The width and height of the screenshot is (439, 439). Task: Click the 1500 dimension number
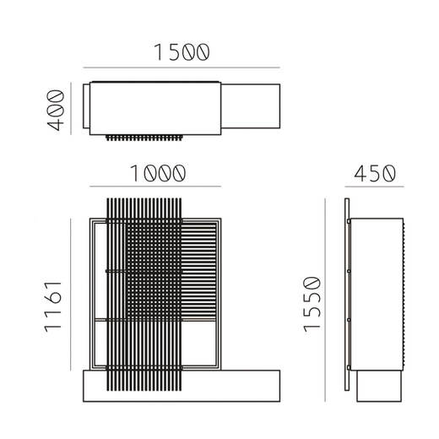[x=182, y=52]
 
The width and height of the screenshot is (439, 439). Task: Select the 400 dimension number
[x=56, y=110]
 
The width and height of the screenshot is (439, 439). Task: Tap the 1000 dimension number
[x=158, y=173]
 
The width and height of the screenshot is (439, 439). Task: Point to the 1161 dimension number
[x=52, y=306]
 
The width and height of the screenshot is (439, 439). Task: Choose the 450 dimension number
[x=375, y=173]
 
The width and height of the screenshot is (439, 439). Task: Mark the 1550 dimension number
[x=312, y=304]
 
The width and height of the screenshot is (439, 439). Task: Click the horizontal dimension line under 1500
[x=182, y=68]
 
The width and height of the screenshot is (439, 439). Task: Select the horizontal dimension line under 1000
[x=155, y=187]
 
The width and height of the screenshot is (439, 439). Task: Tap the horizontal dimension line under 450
[x=374, y=187]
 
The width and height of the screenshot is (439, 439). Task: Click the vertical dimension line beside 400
[x=71, y=109]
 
